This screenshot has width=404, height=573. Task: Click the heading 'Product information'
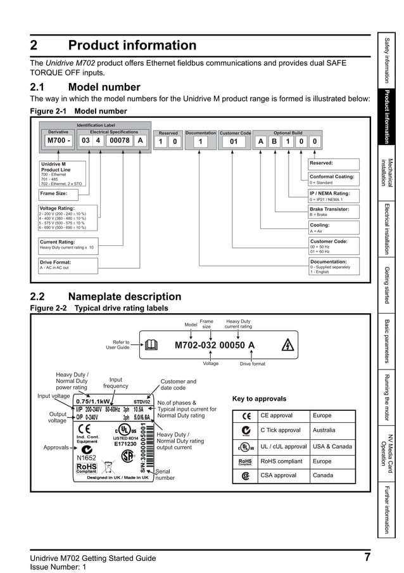point(132,46)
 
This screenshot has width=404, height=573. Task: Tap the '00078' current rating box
point(119,141)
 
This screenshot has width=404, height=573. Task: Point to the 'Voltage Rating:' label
point(58,208)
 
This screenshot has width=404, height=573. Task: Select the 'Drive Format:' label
point(56,262)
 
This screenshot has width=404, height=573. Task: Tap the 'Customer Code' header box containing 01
point(234,141)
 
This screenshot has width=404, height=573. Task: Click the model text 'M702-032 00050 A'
point(215,345)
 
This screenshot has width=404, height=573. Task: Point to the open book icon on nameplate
point(151,345)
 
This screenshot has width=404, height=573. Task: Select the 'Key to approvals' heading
point(259,399)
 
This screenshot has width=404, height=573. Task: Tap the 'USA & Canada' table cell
point(332,446)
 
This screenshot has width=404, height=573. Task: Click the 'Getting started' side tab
point(389,285)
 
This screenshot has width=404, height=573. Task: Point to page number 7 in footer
point(367,558)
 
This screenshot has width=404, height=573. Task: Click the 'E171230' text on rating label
point(125,444)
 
